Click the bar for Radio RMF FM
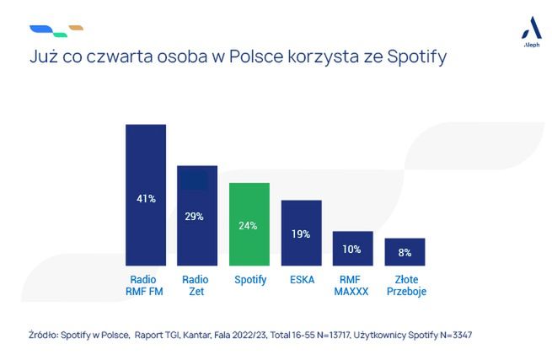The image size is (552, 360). pos(145,195)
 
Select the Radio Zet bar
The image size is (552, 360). pos(197,215)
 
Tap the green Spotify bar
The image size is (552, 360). pos(249,223)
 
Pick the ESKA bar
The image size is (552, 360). pos(301,233)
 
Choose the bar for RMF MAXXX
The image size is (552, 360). pos(352,248)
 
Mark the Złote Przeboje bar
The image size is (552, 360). pos(405,251)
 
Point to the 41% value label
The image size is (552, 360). pos(145,199)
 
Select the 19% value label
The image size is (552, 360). pos(301,234)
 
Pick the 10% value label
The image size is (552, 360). pos(352,249)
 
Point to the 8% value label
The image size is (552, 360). pos(405,252)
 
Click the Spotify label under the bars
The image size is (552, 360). pos(249,280)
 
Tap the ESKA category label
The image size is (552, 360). pos(301,280)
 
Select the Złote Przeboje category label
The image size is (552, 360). pos(405,286)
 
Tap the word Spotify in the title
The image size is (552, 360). pos(415,58)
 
